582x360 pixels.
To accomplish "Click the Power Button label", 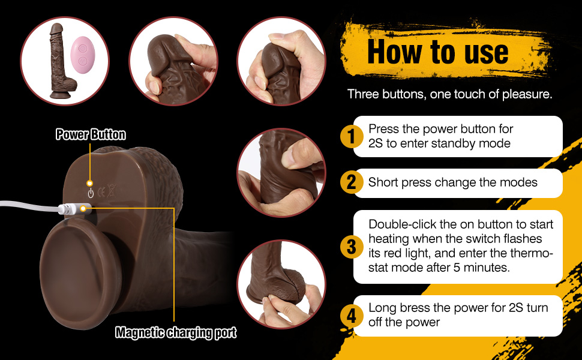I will click(91, 134).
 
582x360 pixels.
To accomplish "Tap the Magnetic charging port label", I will click(176, 332).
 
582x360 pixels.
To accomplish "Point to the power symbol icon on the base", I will click(91, 193).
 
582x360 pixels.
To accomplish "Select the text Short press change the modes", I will click(452, 182).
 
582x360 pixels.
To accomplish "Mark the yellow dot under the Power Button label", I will click(90, 182).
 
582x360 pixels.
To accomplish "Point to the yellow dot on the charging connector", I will click(83, 209).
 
